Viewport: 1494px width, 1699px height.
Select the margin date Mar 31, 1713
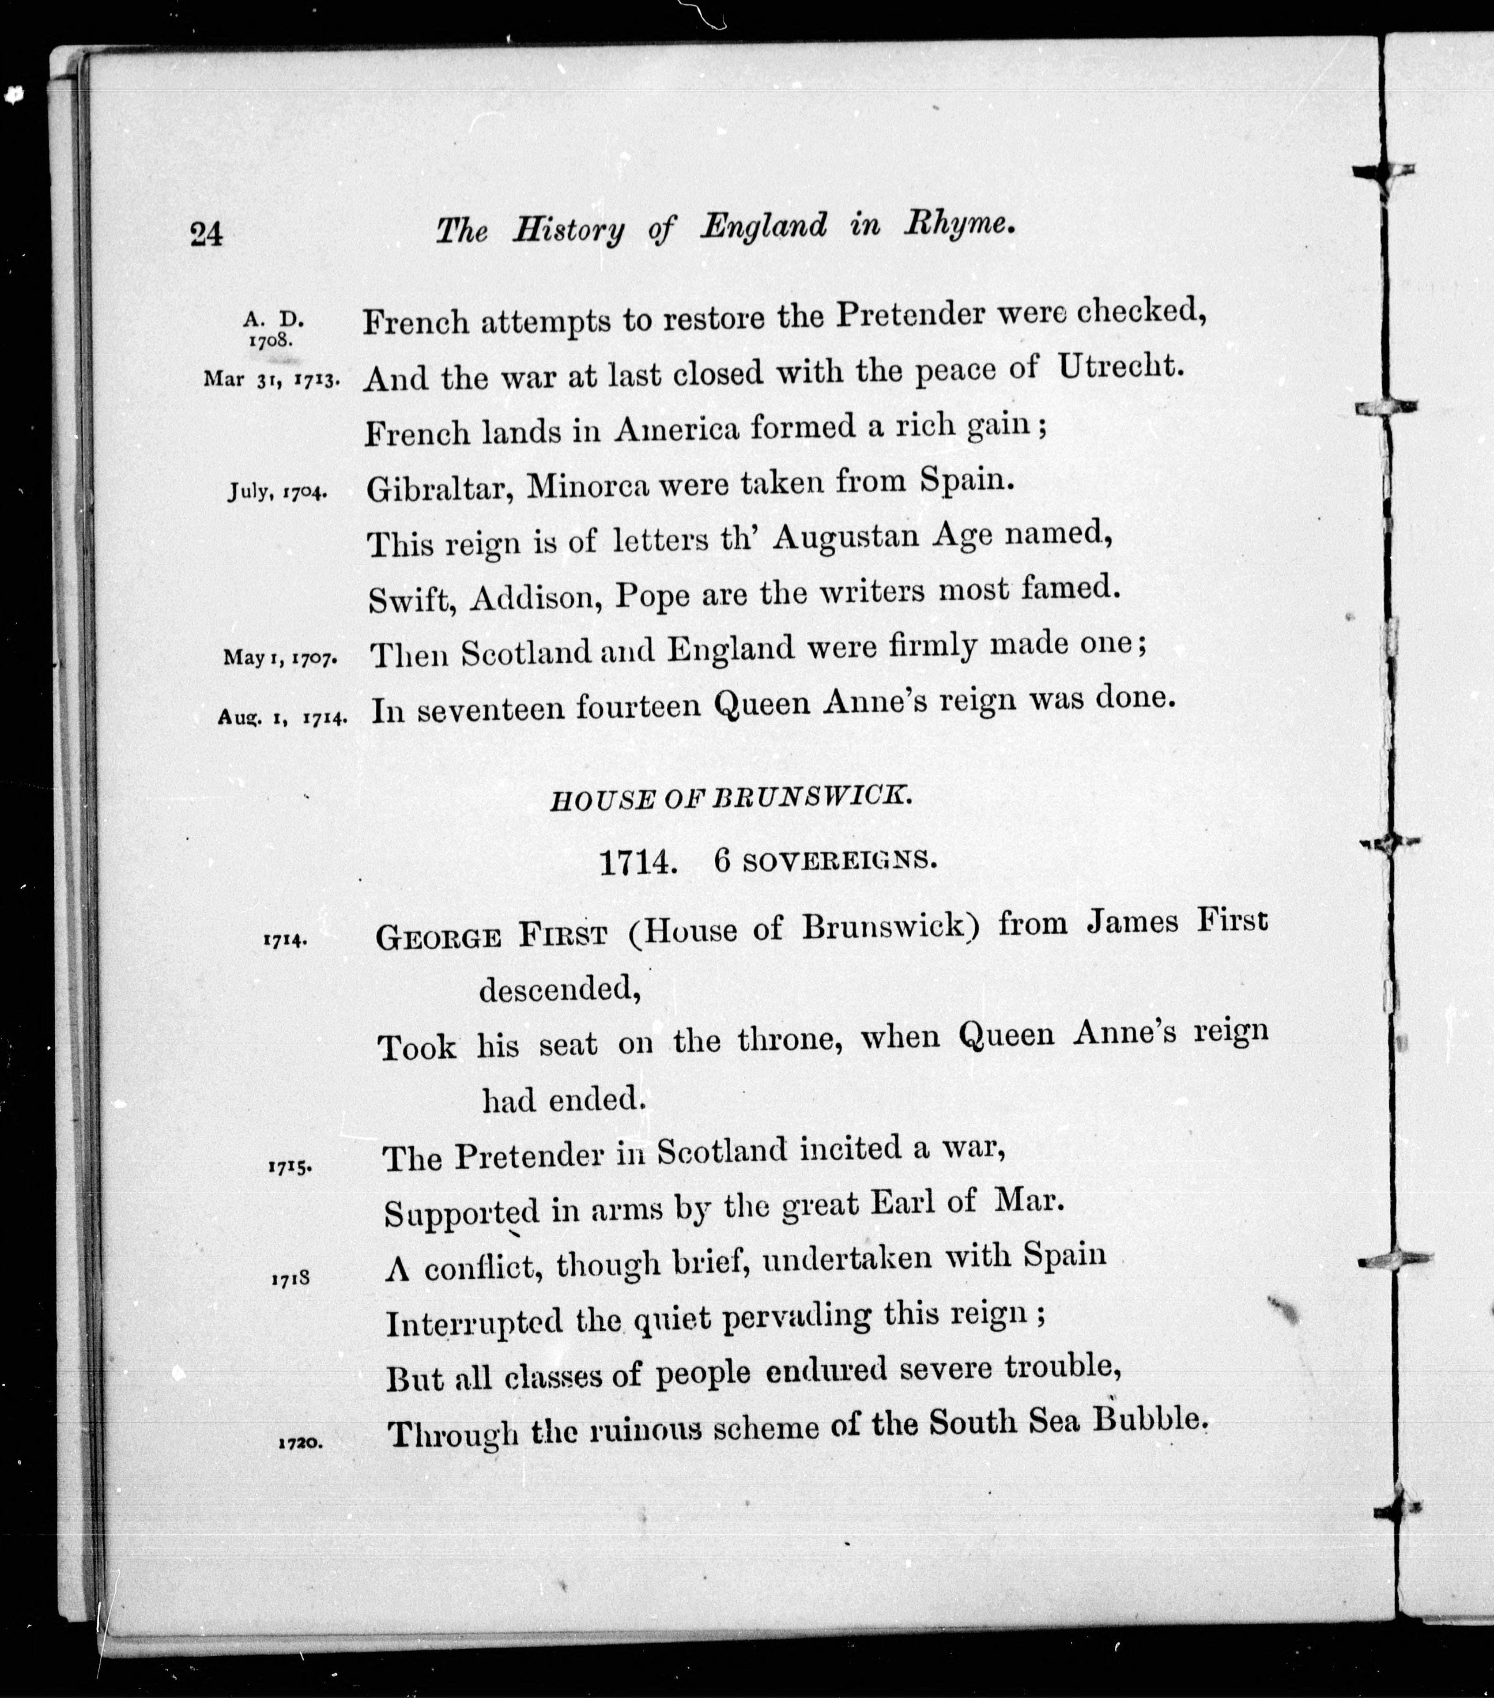point(270,380)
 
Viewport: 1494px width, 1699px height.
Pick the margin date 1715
point(288,1165)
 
